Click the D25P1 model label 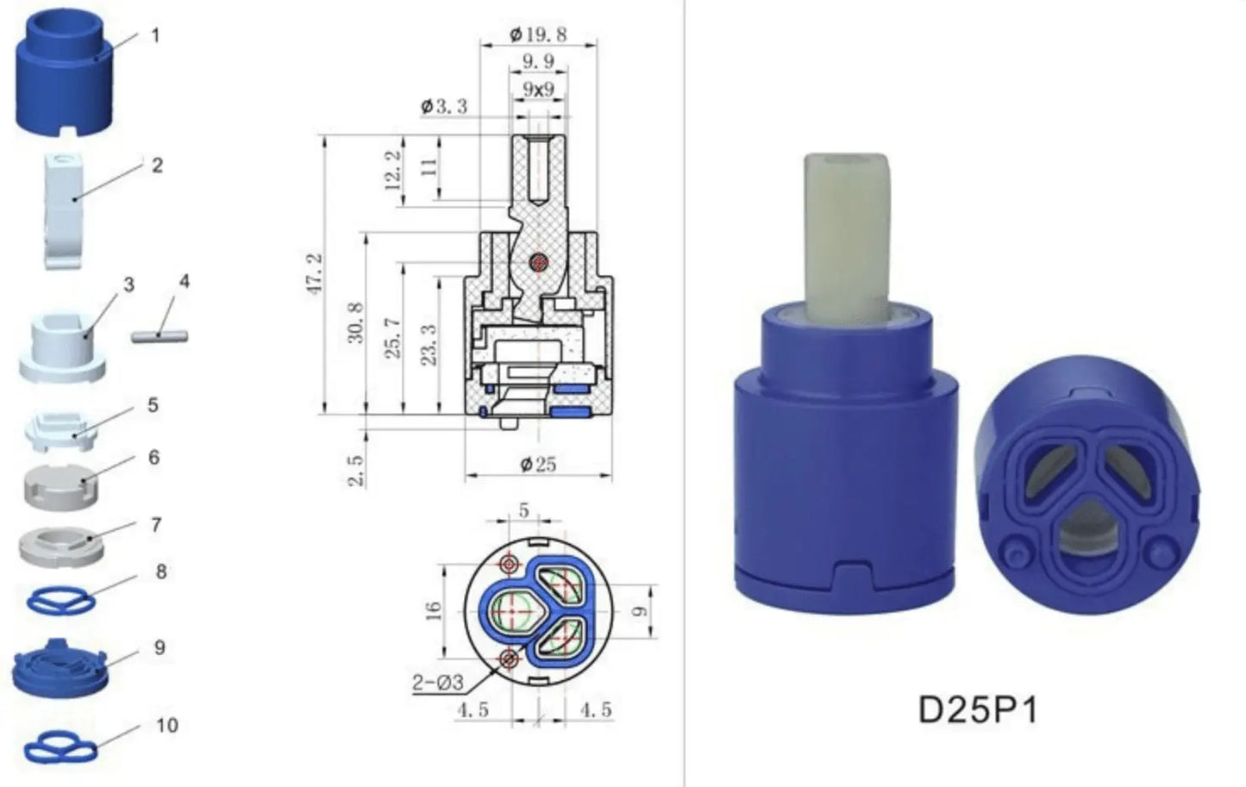tap(977, 710)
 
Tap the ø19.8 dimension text tap(538, 35)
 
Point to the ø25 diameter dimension tap(538, 464)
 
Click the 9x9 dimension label tap(538, 89)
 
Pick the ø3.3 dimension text tap(444, 106)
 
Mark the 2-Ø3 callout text tap(438, 683)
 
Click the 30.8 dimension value tap(355, 322)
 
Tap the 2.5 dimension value tap(355, 471)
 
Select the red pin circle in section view tap(538, 261)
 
